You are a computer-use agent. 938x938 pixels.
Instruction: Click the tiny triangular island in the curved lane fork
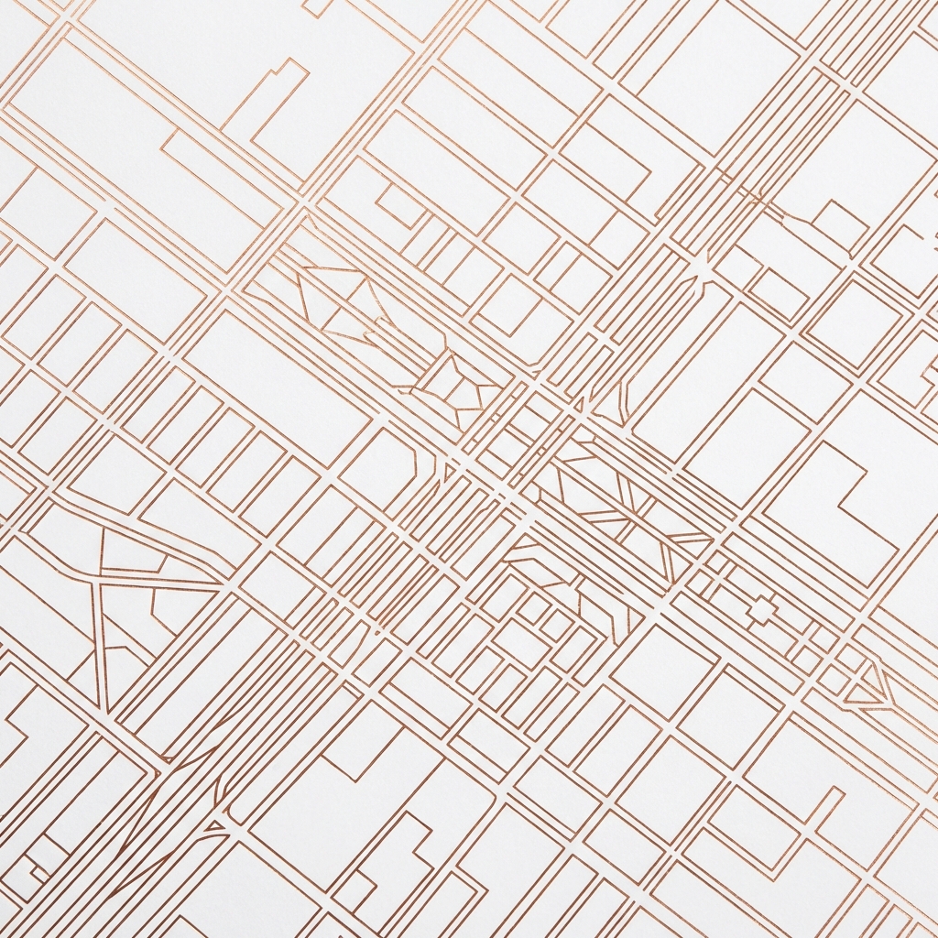coord(216,828)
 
